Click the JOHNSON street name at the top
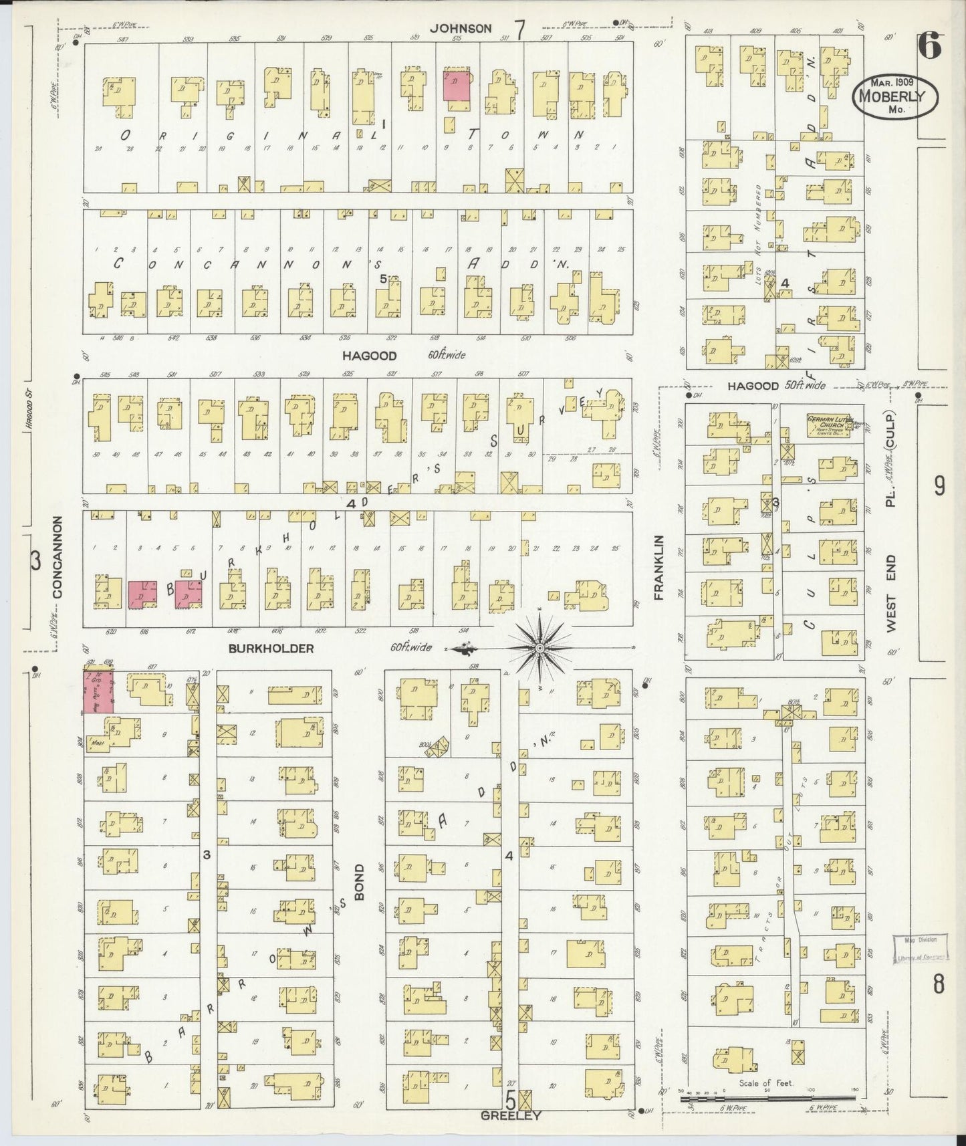pyautogui.click(x=461, y=28)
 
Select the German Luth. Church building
pyautogui.click(x=832, y=427)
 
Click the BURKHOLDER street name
pyautogui.click(x=271, y=648)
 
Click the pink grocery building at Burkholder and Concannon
pyautogui.click(x=98, y=691)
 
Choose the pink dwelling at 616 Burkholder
pyautogui.click(x=142, y=594)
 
